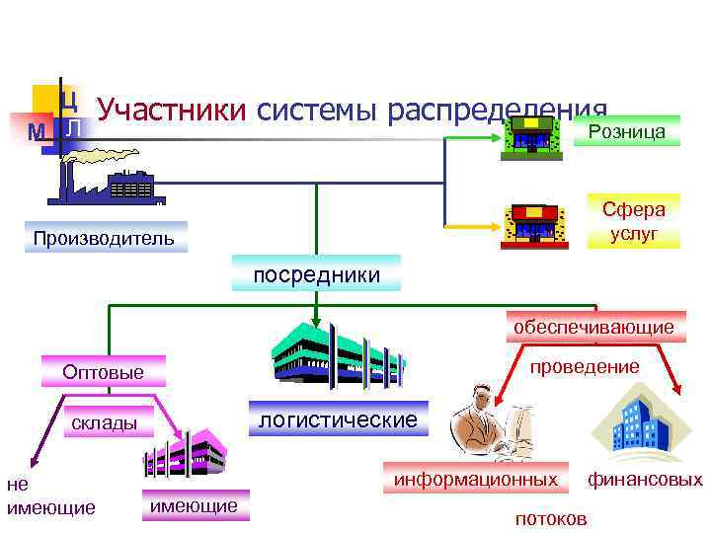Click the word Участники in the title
(171, 111)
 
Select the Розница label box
(626, 131)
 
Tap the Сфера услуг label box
(634, 221)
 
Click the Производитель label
(103, 238)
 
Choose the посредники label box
(316, 274)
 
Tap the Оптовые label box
(103, 372)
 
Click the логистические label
(338, 419)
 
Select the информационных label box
(476, 480)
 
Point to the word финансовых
(646, 480)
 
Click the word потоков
(551, 518)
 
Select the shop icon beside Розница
(533, 133)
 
